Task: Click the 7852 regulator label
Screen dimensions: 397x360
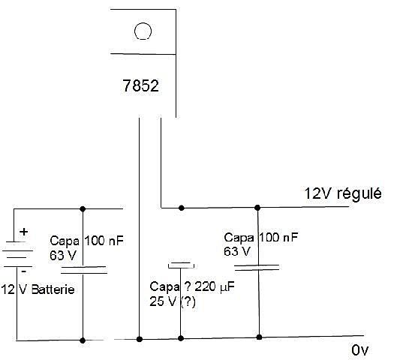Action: pyautogui.click(x=141, y=85)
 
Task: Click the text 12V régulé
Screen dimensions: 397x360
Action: pyautogui.click(x=343, y=194)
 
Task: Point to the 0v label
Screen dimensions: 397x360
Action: pyautogui.click(x=359, y=350)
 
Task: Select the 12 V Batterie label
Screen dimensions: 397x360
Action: pyautogui.click(x=38, y=289)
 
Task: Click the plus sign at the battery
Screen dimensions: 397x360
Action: pyautogui.click(x=24, y=232)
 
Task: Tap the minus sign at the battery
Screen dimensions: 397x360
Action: pyautogui.click(x=24, y=271)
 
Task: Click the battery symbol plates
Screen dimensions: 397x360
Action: pyautogui.click(x=17, y=254)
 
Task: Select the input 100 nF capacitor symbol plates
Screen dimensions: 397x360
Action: pyautogui.click(x=84, y=270)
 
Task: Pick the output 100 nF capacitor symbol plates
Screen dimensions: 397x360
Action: pyautogui.click(x=257, y=268)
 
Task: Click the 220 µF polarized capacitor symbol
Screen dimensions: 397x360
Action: pyautogui.click(x=181, y=265)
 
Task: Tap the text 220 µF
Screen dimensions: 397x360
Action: pyautogui.click(x=215, y=286)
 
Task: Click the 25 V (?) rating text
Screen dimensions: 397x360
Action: pyautogui.click(x=173, y=301)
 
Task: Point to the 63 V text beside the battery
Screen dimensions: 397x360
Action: pyautogui.click(x=63, y=256)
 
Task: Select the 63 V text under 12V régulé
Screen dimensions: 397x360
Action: pyautogui.click(x=237, y=251)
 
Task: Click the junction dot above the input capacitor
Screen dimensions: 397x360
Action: pyautogui.click(x=83, y=209)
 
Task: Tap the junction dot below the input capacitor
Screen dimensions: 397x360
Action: pyautogui.click(x=83, y=340)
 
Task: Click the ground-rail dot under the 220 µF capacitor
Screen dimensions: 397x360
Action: pyautogui.click(x=181, y=338)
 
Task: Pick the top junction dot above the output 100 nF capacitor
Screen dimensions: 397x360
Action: pyautogui.click(x=257, y=208)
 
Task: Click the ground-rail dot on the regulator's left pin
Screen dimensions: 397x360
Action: pyautogui.click(x=140, y=339)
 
